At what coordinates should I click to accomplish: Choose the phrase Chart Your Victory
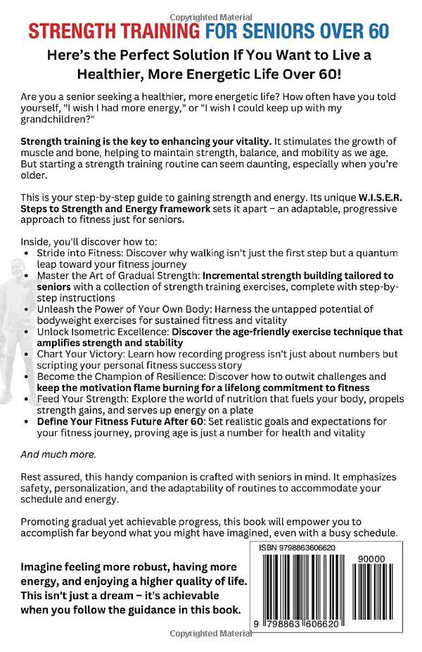click(83, 354)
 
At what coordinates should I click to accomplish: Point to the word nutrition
click(249, 399)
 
